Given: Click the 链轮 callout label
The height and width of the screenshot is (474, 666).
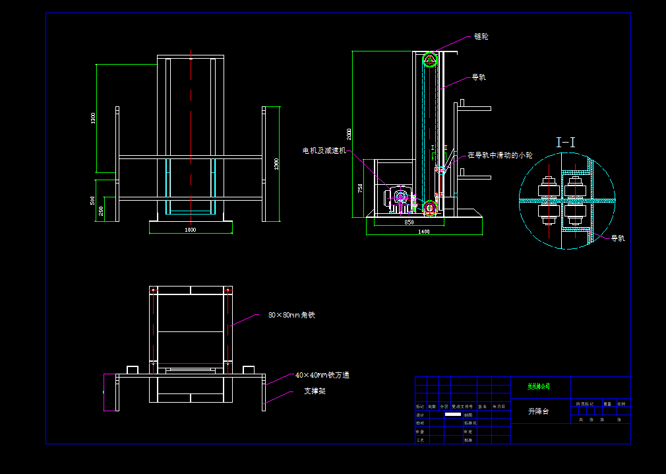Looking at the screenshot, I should click(x=481, y=37).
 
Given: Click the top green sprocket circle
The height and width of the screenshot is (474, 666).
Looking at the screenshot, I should click(x=430, y=59).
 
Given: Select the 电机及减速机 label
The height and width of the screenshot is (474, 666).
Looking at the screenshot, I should click(x=324, y=151).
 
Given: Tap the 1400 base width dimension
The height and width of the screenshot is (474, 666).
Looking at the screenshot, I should click(x=423, y=232).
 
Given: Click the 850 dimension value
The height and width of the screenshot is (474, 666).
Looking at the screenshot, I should click(x=409, y=222).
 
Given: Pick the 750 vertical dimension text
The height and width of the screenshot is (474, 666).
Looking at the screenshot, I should click(x=360, y=188).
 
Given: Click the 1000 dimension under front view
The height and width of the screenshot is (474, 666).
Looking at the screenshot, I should click(x=190, y=230).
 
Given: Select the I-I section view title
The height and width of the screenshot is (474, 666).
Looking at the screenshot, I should click(x=566, y=142).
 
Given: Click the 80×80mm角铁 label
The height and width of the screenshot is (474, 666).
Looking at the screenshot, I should click(x=291, y=315).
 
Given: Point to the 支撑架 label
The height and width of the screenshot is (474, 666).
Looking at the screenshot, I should click(x=315, y=391).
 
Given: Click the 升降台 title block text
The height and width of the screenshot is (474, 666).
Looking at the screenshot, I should click(x=538, y=411).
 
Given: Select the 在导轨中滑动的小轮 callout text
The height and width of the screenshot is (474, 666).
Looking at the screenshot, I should click(x=500, y=156).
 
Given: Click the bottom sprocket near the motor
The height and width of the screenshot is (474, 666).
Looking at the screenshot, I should click(x=430, y=208).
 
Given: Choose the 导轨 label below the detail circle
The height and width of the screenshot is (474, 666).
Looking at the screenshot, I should click(x=617, y=238).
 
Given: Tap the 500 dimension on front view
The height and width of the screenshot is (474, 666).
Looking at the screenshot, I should click(x=93, y=200).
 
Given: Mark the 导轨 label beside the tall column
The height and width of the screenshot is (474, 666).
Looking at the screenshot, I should click(x=478, y=77).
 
